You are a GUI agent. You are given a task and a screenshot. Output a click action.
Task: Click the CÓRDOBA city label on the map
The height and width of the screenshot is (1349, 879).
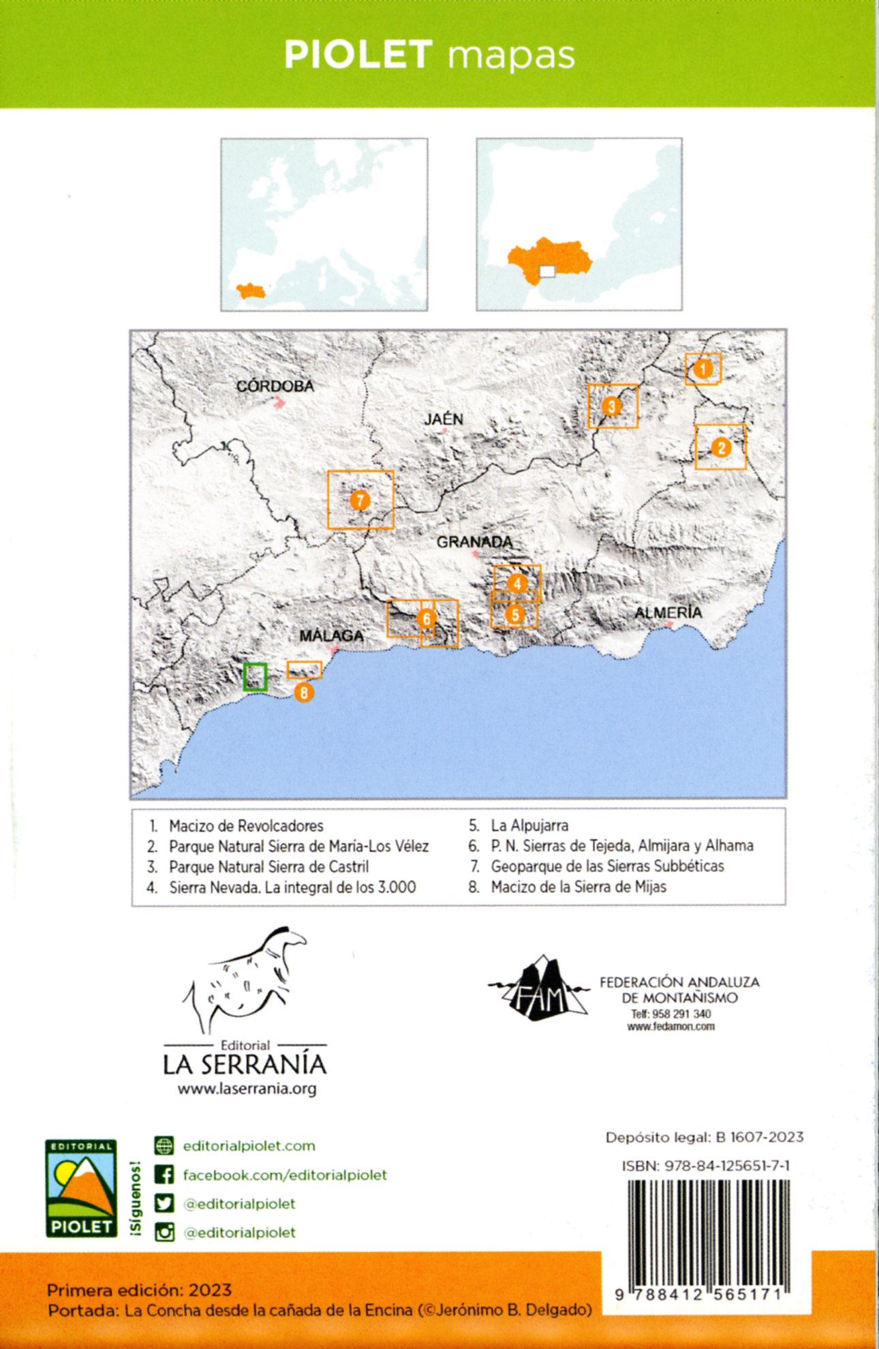click(275, 386)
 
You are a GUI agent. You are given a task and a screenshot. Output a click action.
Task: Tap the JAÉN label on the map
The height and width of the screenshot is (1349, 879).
click(444, 419)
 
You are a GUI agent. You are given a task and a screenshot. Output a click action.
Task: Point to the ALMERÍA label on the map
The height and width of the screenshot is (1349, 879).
click(668, 612)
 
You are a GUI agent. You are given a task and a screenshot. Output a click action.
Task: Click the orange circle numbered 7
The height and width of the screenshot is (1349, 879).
click(360, 500)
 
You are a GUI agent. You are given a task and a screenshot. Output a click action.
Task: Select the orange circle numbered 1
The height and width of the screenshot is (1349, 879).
click(703, 369)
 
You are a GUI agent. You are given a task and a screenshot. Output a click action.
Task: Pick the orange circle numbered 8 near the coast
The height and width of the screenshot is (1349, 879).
click(304, 693)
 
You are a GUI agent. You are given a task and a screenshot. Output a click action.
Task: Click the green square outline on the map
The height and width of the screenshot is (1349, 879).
click(256, 676)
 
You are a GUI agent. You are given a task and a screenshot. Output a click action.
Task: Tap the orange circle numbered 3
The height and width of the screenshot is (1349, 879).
click(611, 406)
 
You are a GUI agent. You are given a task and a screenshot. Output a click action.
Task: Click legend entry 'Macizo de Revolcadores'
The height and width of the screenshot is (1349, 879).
click(246, 826)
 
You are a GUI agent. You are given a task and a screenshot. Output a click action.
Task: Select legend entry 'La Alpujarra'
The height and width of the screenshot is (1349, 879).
click(529, 825)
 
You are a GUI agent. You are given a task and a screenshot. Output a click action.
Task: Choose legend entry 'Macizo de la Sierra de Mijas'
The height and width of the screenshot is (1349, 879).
click(578, 887)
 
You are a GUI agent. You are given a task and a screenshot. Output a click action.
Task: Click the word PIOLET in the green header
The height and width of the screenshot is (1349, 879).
click(358, 55)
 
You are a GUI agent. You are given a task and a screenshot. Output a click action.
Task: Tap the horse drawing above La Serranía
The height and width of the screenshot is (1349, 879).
click(245, 978)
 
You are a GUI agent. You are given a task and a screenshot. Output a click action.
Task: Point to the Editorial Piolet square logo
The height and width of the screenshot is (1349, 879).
click(81, 1187)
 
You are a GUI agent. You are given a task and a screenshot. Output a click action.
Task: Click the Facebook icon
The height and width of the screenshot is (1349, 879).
click(164, 1174)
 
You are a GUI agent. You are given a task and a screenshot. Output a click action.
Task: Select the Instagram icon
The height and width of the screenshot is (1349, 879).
click(164, 1232)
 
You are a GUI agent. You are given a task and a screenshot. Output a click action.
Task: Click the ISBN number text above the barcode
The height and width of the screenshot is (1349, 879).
click(705, 1166)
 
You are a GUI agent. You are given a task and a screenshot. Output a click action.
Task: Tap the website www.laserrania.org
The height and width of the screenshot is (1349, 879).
click(247, 1089)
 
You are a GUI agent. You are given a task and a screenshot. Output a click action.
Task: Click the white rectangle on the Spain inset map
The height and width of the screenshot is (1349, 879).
click(547, 271)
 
